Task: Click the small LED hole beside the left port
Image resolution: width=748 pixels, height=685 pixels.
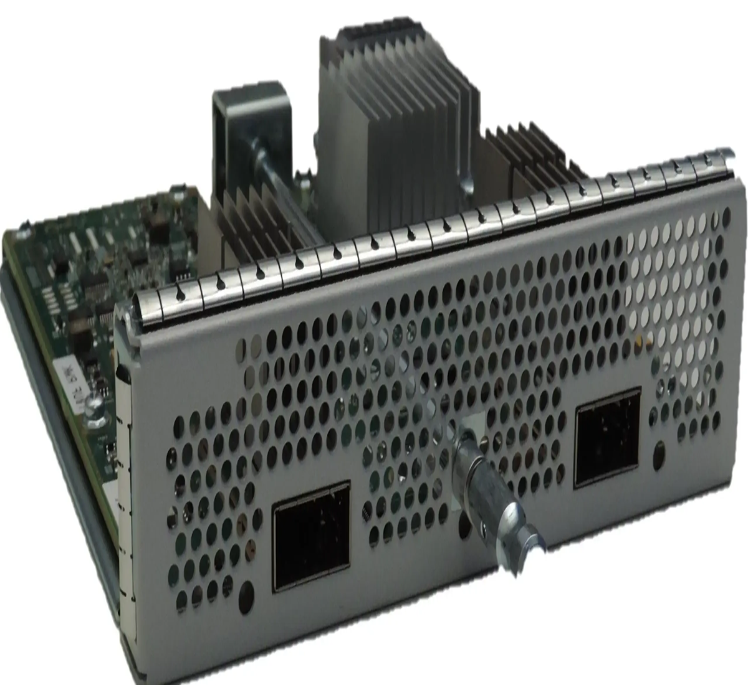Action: point(247,592)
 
